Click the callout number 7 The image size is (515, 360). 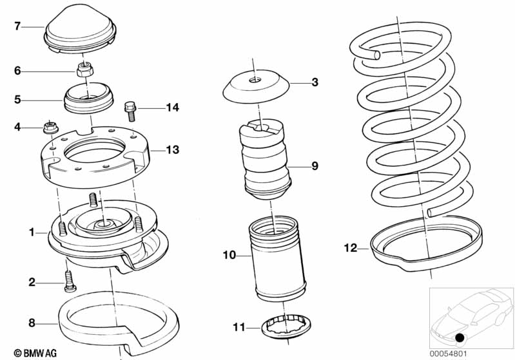[17, 26]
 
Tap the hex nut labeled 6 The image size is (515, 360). [85, 70]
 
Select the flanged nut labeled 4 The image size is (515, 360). [50, 128]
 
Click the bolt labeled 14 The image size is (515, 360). [130, 111]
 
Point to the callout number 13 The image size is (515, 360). [173, 150]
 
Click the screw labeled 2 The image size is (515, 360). [70, 281]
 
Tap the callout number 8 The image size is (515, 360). [32, 323]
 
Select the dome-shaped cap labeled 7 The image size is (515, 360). [80, 30]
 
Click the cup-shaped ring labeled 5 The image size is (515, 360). [88, 98]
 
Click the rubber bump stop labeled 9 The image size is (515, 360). [266, 160]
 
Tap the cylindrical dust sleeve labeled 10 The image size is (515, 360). [277, 259]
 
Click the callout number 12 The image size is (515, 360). [350, 248]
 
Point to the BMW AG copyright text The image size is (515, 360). [35, 353]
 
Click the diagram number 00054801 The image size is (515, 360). [448, 354]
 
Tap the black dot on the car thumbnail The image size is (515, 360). [460, 337]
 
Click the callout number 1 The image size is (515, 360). [32, 232]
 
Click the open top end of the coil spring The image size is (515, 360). [376, 55]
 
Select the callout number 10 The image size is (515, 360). [229, 254]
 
